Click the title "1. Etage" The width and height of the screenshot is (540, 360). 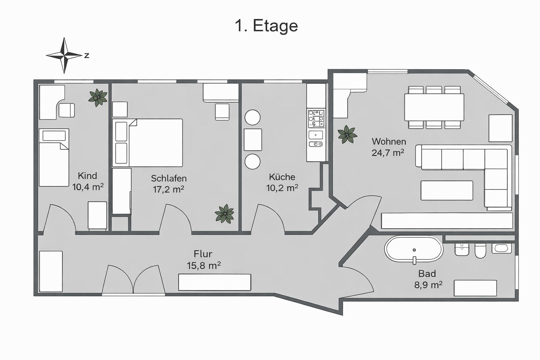266,26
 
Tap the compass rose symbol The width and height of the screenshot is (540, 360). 64,55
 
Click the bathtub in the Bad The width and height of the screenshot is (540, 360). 414,249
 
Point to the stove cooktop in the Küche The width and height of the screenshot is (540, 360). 316,118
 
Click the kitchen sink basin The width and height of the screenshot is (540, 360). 316,135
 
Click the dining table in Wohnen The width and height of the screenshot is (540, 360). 434,107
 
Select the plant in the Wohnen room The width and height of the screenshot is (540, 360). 347,135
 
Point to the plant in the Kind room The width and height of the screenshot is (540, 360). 98,97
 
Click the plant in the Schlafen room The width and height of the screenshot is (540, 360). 224,213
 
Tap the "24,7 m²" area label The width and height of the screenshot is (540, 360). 388,153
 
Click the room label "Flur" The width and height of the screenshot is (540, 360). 203,254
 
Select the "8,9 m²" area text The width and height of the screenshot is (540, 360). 428,285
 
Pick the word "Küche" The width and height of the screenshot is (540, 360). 282,177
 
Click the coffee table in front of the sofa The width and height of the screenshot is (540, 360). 446,191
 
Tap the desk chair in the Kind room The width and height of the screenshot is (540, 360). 66,110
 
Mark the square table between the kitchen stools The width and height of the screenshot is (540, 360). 252,140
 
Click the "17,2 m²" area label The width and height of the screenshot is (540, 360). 168,189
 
